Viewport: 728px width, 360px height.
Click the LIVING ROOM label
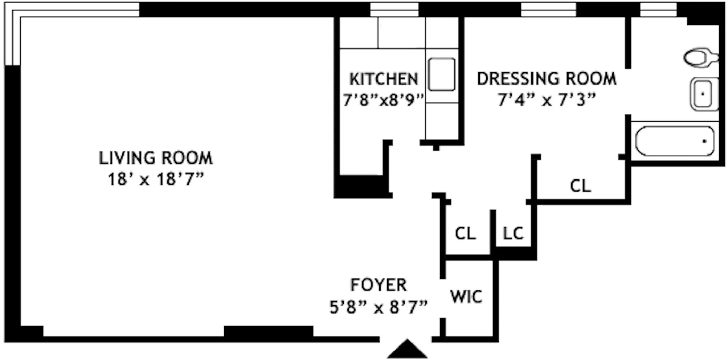pos(156,158)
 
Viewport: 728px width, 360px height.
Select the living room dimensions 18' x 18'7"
pos(156,179)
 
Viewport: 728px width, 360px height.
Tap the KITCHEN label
pos(383,79)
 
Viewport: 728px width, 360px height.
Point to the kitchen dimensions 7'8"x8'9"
pos(383,100)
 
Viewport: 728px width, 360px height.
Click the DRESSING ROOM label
pos(547,79)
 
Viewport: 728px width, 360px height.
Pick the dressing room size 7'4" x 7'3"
pos(547,100)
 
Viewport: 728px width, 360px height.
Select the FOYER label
pos(378,285)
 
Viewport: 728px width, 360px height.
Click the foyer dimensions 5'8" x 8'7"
pos(378,307)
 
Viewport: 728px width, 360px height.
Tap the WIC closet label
pos(466,297)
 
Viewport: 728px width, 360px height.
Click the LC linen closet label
pos(513,234)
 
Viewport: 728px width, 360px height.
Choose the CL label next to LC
pos(465,234)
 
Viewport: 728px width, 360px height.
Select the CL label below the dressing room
pos(580,186)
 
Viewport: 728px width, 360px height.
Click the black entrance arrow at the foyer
pos(407,349)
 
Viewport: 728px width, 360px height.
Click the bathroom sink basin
pos(703,94)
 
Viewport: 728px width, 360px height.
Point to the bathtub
pos(674,141)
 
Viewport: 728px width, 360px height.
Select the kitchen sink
pos(441,74)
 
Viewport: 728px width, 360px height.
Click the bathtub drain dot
pos(704,141)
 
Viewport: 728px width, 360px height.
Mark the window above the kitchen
pos(394,9)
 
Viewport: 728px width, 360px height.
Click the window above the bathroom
pos(658,9)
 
